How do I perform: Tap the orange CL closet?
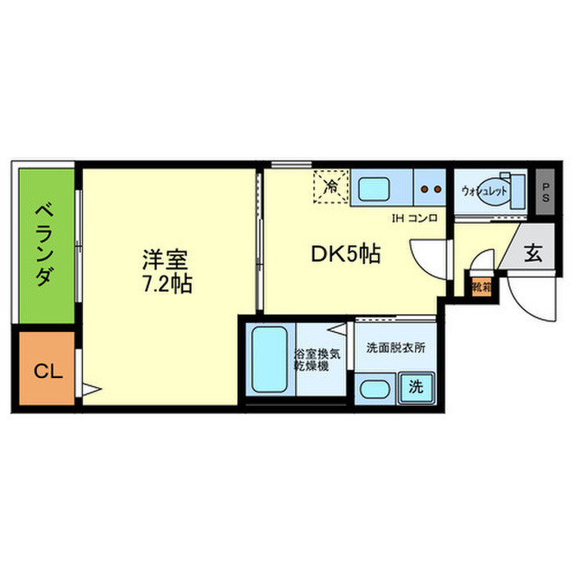47,371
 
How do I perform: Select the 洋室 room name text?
165,262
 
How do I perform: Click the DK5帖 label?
344,255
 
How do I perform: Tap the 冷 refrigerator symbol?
331,186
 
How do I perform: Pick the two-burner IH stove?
430,189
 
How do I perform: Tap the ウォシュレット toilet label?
483,191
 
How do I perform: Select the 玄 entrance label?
532,253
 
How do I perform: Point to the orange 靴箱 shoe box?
481,288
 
